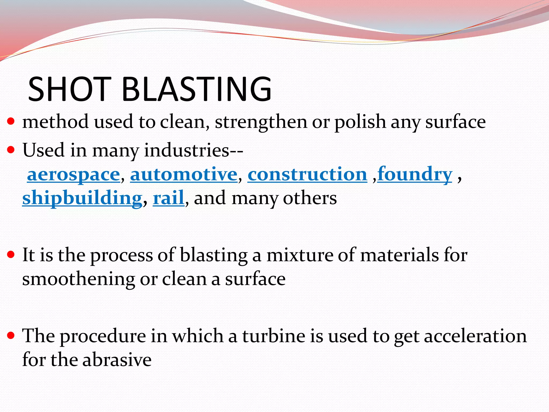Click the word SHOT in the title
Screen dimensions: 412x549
click(69, 89)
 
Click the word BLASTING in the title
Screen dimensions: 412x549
click(196, 89)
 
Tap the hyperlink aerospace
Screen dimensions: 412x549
click(73, 175)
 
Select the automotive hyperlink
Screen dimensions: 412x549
click(184, 175)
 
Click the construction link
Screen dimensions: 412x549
click(307, 175)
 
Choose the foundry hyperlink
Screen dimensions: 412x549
click(415, 175)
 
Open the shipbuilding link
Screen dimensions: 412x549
click(82, 198)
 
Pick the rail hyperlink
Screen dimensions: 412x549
click(168, 198)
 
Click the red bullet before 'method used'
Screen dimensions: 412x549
click(11, 122)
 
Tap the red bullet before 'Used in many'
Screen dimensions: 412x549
click(11, 150)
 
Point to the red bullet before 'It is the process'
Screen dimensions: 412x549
click(11, 254)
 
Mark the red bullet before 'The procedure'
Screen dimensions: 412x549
click(11, 335)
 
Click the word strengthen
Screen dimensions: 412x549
click(261, 122)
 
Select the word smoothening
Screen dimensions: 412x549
click(79, 279)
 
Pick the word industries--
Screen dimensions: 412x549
click(194, 150)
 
